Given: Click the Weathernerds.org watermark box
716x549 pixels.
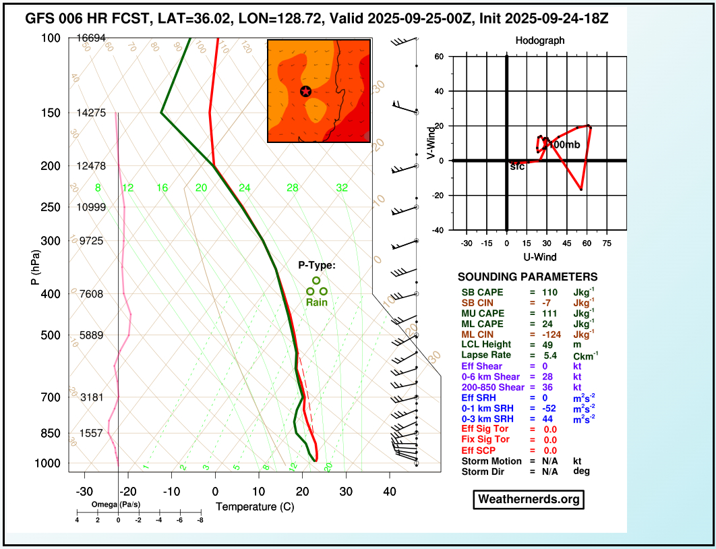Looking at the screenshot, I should [528, 499].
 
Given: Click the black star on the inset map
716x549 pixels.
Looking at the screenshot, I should [305, 91].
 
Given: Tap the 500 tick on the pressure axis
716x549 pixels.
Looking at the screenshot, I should [51, 335].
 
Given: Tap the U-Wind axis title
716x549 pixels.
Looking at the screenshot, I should [539, 257].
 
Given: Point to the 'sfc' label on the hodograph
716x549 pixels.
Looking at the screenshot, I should [517, 166].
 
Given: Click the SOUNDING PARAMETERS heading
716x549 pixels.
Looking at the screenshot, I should [527, 277].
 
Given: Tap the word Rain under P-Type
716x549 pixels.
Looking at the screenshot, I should [317, 302].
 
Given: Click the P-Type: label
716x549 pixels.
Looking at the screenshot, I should [317, 265].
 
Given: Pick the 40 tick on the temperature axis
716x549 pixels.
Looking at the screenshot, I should [389, 492].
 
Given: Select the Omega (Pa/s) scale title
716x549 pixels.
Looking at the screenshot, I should [117, 504].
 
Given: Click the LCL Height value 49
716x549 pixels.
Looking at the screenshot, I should [548, 345].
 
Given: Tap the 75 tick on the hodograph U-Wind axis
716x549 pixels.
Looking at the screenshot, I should [607, 242].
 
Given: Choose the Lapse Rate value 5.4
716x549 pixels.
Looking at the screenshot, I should [549, 355].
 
